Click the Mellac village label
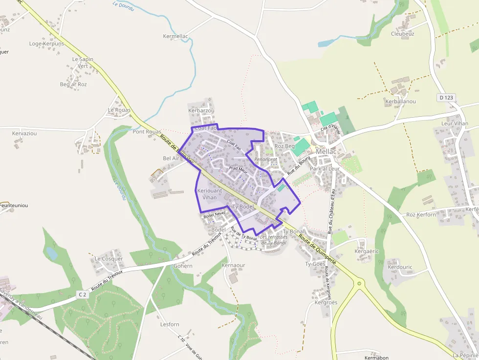tap(326, 152)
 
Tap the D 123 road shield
tap(446, 98)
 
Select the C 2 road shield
tap(82, 295)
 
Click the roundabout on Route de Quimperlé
tap(360, 283)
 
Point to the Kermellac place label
tap(175, 37)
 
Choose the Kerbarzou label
tap(201, 111)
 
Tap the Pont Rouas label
tap(147, 132)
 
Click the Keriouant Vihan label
tap(209, 194)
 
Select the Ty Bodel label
tap(243, 207)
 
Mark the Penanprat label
tap(265, 159)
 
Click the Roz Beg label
tap(285, 146)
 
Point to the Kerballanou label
tap(400, 101)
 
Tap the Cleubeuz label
tap(403, 34)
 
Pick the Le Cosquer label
tap(109, 259)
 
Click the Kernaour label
tap(233, 265)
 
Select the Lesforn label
tap(170, 324)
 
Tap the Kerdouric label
tap(400, 268)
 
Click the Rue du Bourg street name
tap(299, 166)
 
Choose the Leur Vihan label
tap(455, 124)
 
